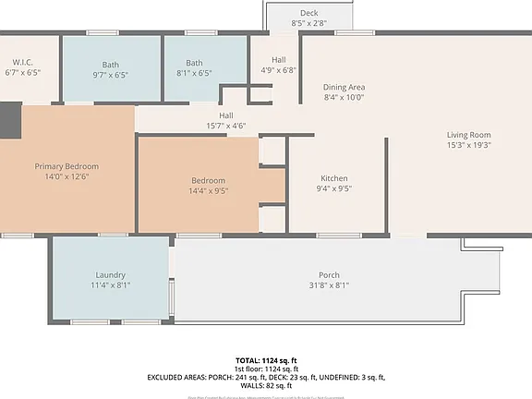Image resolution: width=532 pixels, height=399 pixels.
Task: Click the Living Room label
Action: point(468,134)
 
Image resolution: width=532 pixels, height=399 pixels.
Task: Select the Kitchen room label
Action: point(333,178)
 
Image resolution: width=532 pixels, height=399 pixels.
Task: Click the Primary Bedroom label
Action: point(66,166)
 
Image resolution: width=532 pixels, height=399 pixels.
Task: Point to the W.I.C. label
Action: point(23,61)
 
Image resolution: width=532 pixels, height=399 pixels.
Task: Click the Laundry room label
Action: point(110,275)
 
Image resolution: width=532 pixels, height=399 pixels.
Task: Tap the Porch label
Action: point(329,275)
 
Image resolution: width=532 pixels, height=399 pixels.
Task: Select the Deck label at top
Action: point(308,13)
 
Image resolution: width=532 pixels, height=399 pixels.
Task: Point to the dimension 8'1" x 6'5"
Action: point(194,74)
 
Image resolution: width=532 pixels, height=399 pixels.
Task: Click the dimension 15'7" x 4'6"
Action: point(225,126)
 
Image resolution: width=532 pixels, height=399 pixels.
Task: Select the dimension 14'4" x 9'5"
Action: point(208,191)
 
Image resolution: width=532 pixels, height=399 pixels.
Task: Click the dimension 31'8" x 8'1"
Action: point(329,285)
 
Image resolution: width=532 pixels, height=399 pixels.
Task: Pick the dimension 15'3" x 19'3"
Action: point(468,145)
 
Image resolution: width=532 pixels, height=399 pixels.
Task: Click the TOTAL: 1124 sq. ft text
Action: point(265,359)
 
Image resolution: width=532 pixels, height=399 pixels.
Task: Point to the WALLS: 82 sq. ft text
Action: point(266,386)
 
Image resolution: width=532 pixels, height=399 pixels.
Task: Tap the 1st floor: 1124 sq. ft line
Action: point(266,369)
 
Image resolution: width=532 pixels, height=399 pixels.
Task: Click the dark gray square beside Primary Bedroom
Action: point(8,120)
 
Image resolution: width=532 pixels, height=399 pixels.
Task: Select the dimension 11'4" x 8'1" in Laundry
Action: point(110,285)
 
